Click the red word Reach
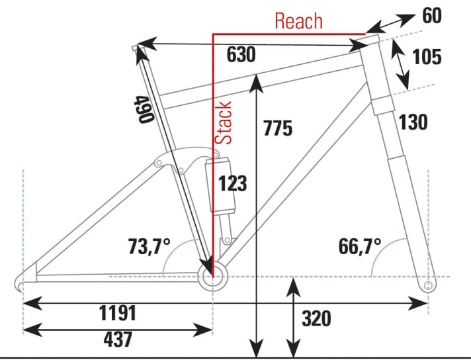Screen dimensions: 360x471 tap(299, 21)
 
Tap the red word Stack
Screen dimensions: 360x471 tap(224, 123)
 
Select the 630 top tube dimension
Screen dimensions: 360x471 tap(241, 56)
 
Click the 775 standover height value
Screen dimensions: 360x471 tap(277, 128)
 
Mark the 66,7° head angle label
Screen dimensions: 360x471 tap(361, 247)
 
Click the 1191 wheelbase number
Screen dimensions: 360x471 tap(118, 312)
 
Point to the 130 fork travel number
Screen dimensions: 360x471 tap(413, 122)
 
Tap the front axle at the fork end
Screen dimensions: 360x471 tap(427, 285)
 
